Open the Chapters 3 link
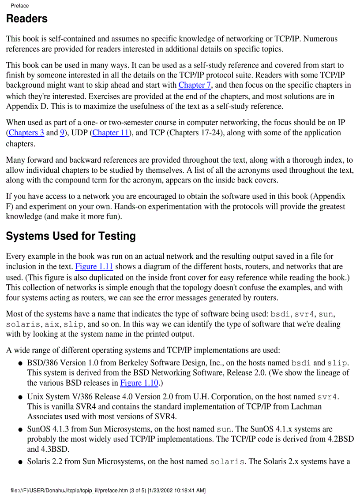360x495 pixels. tap(26, 133)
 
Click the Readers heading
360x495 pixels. tap(27, 19)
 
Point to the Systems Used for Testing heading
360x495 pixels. tap(71, 236)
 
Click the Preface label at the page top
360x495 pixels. tap(19, 6)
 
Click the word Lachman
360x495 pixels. tap(307, 406)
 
